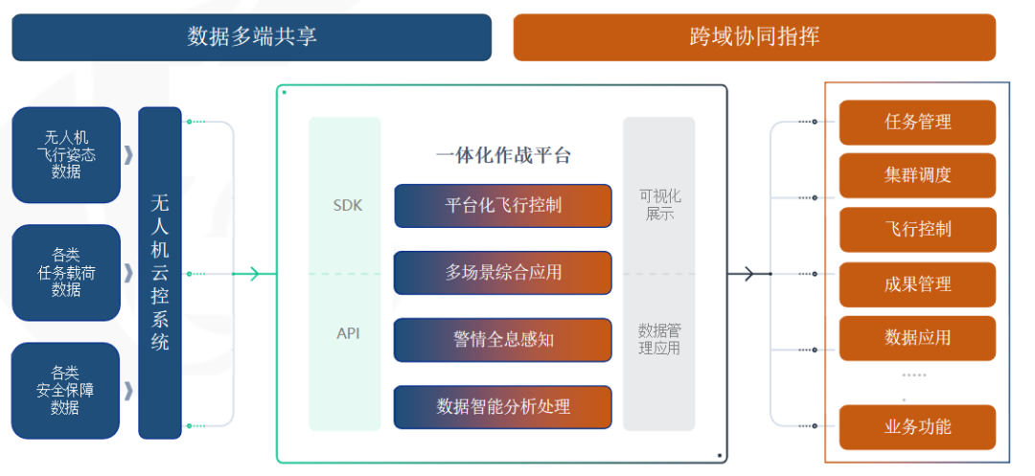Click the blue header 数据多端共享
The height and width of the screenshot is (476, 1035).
tap(251, 37)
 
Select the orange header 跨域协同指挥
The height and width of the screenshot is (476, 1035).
tap(754, 37)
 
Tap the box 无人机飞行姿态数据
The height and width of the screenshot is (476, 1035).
tap(66, 154)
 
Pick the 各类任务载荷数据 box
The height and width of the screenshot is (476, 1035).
tap(66, 272)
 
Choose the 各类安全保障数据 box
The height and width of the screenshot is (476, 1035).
tap(66, 390)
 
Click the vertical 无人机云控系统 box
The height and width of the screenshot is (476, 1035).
tap(160, 273)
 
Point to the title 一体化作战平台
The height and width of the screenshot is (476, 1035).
tap(503, 155)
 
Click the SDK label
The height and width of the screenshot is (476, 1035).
tap(348, 205)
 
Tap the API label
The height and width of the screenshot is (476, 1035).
tap(348, 333)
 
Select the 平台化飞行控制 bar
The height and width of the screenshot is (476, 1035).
tap(503, 206)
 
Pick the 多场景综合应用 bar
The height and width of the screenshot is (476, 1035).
tap(503, 273)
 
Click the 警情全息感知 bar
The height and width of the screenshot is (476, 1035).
tap(503, 340)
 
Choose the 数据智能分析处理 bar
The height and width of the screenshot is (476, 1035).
tap(503, 406)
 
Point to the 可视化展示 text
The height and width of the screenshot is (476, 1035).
tap(659, 205)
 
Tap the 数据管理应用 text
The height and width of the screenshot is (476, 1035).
tap(659, 339)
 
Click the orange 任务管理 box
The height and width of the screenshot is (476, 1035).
tap(917, 123)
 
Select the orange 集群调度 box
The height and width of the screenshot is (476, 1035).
tap(917, 176)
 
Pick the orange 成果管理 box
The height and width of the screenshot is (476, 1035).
tap(917, 284)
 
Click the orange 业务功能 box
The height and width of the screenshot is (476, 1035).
tap(917, 427)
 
